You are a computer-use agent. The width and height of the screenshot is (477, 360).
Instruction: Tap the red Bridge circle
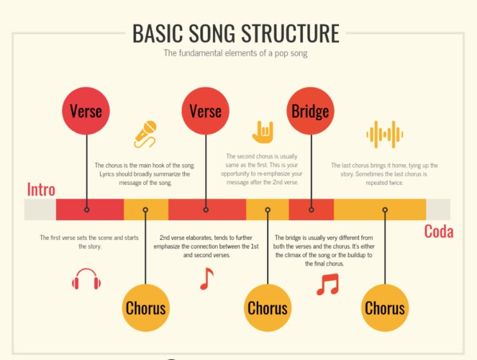[310, 111]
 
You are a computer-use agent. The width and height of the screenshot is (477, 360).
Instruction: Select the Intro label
[41, 190]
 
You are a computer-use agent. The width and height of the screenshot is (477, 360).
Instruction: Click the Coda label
[438, 231]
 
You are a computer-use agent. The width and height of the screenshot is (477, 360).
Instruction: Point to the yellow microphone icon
[146, 133]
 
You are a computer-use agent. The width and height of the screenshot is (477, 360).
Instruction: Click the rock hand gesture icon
[263, 132]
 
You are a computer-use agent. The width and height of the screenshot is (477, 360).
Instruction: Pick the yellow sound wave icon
[385, 134]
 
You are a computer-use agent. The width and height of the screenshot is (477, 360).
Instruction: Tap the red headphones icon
[87, 281]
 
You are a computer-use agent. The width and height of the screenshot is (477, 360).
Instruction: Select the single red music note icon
[206, 279]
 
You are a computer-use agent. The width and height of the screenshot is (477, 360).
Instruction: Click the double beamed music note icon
[327, 284]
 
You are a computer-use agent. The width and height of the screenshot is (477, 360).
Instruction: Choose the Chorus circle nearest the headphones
[146, 307]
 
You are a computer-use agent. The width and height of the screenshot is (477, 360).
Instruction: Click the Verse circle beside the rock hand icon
[205, 111]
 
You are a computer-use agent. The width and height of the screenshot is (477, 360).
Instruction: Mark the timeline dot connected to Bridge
[311, 210]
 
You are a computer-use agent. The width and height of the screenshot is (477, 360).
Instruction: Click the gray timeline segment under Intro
[40, 210]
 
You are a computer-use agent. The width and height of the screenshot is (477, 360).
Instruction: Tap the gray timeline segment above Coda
[438, 210]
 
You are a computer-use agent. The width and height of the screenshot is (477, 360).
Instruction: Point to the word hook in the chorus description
[166, 165]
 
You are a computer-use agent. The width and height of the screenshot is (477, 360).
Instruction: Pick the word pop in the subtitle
[282, 53]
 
